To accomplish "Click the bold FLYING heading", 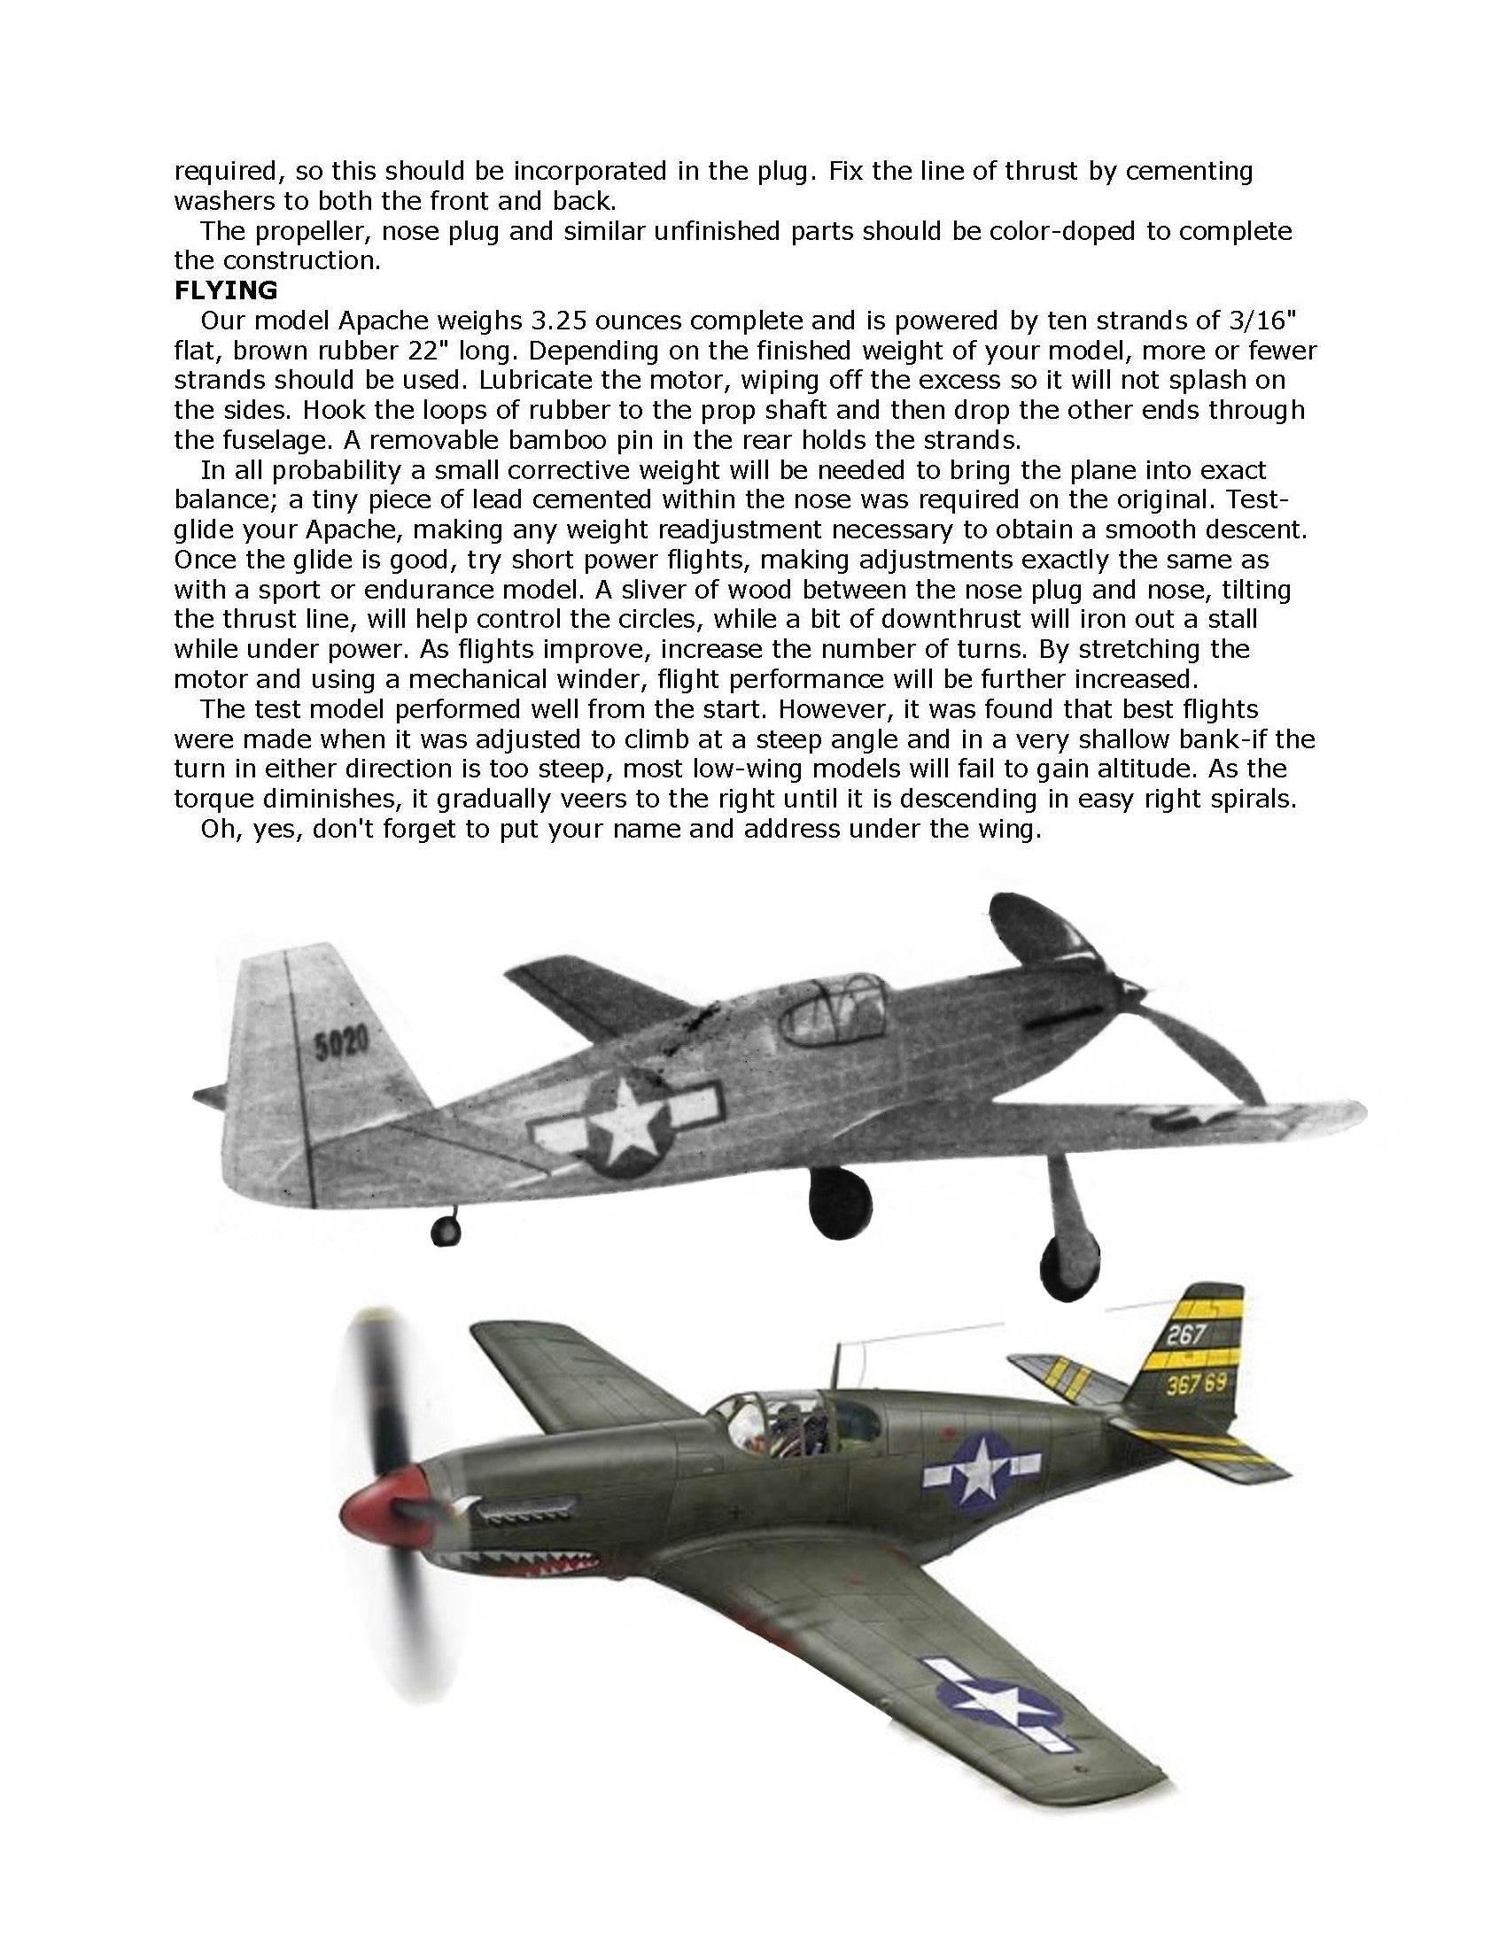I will tap(226, 290).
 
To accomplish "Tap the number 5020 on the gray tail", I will tap(341, 1047).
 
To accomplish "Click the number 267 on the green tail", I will tap(1185, 1336).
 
